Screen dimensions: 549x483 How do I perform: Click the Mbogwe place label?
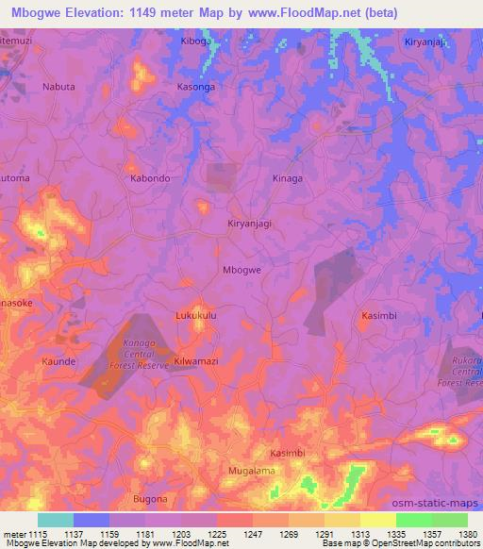[x=241, y=270]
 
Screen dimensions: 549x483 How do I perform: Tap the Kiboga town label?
[x=197, y=42]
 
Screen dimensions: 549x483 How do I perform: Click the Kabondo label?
[x=149, y=177]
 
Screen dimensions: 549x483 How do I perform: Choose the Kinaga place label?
[x=287, y=177]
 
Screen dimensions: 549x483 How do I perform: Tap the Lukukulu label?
[x=196, y=317]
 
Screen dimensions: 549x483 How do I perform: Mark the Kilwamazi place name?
[x=197, y=361]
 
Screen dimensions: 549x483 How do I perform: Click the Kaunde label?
[x=58, y=360]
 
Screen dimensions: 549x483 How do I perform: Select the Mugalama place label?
[x=250, y=469]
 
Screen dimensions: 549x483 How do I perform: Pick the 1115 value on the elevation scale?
[x=29, y=535]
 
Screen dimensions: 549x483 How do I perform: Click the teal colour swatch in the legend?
[x=56, y=520]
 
